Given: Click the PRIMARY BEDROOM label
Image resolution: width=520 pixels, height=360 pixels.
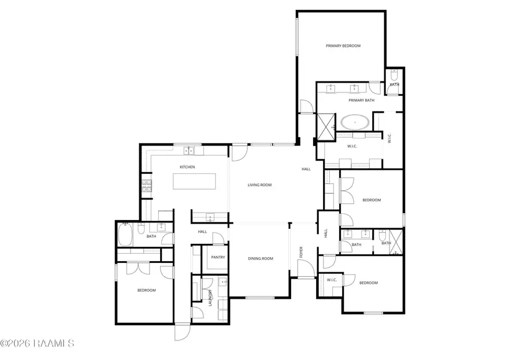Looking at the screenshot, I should pyautogui.click(x=343, y=46).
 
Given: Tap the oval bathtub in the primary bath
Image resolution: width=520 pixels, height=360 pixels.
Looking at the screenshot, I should pyautogui.click(x=356, y=123).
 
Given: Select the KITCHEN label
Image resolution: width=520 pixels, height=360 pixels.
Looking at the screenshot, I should pyautogui.click(x=187, y=167).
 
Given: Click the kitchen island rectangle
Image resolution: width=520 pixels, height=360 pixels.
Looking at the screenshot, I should pyautogui.click(x=195, y=182).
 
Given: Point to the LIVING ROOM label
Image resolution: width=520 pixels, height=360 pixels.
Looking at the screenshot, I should pyautogui.click(x=259, y=185).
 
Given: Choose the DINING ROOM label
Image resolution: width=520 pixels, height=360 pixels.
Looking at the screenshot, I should pyautogui.click(x=260, y=258).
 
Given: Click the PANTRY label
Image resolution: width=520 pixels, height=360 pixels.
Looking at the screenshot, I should pyautogui.click(x=218, y=257).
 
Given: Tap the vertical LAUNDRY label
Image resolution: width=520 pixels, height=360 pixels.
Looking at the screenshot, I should pyautogui.click(x=210, y=297).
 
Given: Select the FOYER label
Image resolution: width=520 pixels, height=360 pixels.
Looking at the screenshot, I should pyautogui.click(x=300, y=252).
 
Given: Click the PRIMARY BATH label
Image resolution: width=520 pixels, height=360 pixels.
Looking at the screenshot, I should pyautogui.click(x=361, y=101).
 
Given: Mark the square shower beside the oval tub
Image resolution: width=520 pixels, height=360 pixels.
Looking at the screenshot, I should pyautogui.click(x=326, y=127).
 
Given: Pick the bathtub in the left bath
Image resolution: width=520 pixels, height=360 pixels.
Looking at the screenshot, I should pyautogui.click(x=125, y=235).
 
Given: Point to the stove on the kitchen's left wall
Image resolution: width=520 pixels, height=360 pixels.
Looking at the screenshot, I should pyautogui.click(x=147, y=186).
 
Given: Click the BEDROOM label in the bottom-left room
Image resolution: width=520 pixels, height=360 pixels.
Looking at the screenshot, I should pyautogui.click(x=146, y=290).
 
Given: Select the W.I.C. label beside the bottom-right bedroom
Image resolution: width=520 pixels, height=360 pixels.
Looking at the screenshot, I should pyautogui.click(x=332, y=280).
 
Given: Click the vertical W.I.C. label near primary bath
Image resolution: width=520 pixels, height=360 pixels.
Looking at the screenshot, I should pyautogui.click(x=389, y=139).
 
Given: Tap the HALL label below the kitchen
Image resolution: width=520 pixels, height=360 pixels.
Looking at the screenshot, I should pyautogui.click(x=202, y=232).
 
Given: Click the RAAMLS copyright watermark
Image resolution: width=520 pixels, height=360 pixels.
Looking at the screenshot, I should pyautogui.click(x=38, y=343).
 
